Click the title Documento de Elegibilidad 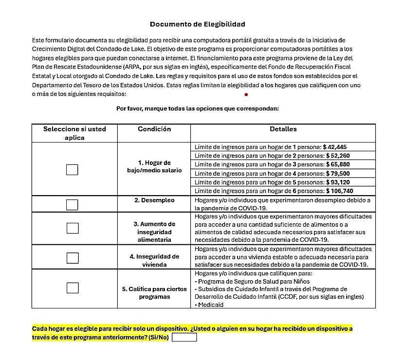[197, 24]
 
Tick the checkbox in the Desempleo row [72, 204]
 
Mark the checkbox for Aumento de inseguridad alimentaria [72, 228]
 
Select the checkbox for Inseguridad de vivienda [72, 258]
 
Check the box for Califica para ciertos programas [72, 288]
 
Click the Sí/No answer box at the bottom [184, 337]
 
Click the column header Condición [154, 129]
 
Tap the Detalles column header [283, 129]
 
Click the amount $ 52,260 [336, 155]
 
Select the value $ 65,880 [336, 164]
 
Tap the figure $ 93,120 [336, 182]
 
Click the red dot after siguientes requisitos [246, 94]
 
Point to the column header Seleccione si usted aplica [74, 133]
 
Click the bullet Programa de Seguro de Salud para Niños [253, 281]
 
